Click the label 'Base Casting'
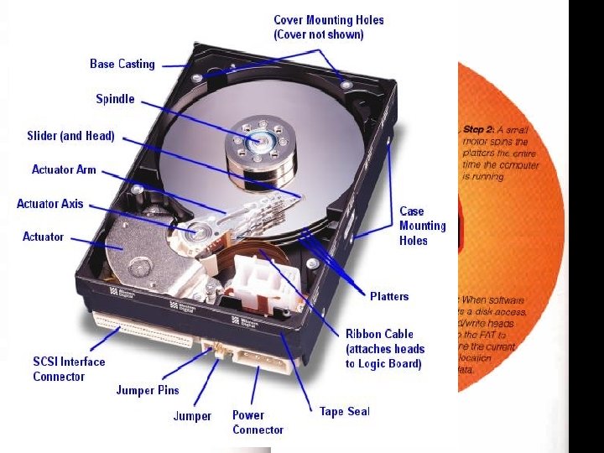[x=122, y=64]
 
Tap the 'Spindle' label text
[x=115, y=99]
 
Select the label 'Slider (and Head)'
[x=70, y=136]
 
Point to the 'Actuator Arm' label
[x=64, y=169]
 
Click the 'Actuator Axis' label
[x=50, y=204]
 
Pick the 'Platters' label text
[x=389, y=296]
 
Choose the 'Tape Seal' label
[x=344, y=411]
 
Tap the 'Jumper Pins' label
[x=148, y=390]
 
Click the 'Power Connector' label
[x=258, y=422]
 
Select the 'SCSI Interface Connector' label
[x=69, y=369]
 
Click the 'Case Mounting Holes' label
[x=423, y=226]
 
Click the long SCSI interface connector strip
[x=147, y=330]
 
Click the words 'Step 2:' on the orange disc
[x=479, y=130]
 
